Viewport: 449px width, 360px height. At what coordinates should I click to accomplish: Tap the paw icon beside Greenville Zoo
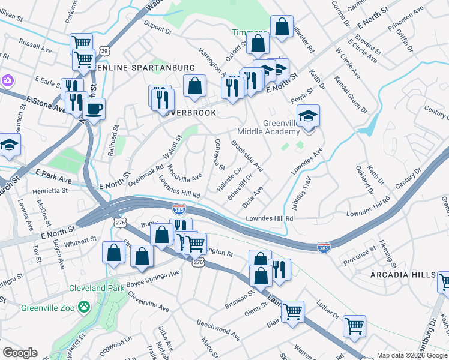click(x=86, y=306)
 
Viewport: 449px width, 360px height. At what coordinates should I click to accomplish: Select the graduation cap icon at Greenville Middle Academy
click(x=308, y=116)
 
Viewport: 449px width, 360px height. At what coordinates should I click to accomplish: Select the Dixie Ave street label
click(x=252, y=197)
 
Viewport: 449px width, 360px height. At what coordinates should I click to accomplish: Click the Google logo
click(x=20, y=353)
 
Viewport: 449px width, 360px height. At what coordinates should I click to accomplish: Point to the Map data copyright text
click(x=411, y=355)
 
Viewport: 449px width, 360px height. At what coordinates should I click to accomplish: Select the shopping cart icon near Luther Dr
click(x=354, y=326)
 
